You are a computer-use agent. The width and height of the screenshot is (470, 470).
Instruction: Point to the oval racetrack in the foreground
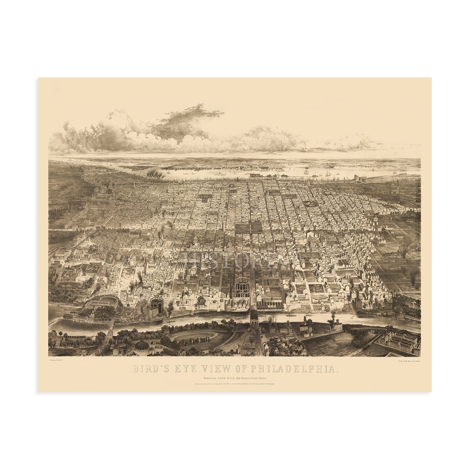194,337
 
